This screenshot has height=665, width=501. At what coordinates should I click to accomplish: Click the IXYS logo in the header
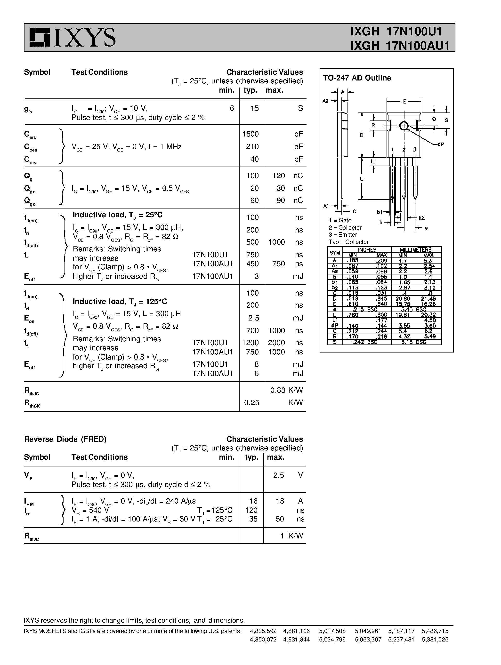73,38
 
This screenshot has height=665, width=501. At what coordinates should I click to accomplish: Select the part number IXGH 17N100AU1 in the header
400,45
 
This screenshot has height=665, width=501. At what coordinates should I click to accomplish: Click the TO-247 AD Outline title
357,78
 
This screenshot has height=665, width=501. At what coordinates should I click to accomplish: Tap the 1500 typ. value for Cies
250,134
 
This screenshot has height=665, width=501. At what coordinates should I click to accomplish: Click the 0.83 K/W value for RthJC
286,390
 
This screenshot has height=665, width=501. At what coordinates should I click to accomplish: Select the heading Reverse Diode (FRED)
65,439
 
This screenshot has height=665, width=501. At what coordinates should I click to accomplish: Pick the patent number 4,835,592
263,631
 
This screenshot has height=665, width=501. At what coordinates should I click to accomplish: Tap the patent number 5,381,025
435,640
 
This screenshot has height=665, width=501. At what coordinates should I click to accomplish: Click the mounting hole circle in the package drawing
404,126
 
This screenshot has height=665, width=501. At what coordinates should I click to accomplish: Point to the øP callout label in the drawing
441,144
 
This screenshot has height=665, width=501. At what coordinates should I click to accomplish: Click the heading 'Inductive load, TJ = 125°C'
120,302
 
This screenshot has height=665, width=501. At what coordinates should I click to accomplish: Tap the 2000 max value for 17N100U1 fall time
276,343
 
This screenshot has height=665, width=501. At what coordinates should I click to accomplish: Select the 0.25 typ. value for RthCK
251,402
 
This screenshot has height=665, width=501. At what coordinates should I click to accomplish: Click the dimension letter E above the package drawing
404,102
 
